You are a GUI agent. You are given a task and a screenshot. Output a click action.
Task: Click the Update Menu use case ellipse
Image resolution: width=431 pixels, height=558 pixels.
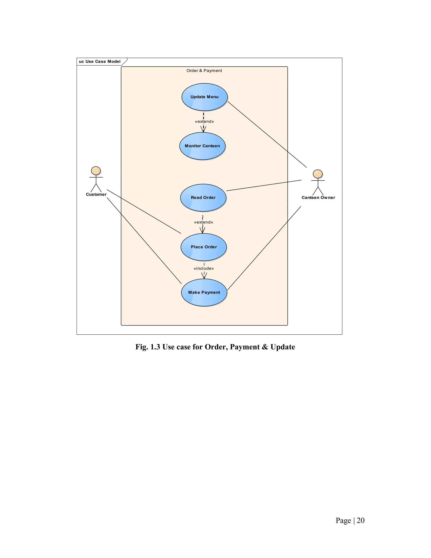[204, 97]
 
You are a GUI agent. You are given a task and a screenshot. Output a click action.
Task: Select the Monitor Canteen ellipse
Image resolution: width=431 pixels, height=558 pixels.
[202, 146]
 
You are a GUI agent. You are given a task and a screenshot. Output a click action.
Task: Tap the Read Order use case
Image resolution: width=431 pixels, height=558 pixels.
[203, 198]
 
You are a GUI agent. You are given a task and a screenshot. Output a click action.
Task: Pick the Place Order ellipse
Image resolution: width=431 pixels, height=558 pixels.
[204, 247]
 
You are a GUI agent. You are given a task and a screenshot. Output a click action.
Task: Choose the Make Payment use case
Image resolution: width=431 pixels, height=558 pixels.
[204, 292]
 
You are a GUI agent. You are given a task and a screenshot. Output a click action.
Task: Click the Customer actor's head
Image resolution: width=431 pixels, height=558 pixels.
[96, 171]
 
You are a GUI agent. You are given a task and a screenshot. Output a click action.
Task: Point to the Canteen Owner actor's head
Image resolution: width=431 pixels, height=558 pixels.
[318, 174]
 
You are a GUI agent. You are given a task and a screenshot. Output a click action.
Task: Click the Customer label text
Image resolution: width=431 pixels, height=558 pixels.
[96, 194]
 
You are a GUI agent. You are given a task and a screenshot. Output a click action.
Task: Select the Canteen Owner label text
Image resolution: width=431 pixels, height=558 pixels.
[318, 198]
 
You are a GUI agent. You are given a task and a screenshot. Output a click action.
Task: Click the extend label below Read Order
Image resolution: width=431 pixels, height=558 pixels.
[204, 222]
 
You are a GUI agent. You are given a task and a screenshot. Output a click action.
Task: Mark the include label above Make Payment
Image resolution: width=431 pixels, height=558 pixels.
[204, 268]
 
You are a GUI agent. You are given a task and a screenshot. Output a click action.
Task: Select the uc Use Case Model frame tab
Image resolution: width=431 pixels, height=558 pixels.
[100, 61]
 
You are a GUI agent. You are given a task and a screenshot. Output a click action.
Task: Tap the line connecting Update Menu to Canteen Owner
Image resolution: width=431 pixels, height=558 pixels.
[267, 134]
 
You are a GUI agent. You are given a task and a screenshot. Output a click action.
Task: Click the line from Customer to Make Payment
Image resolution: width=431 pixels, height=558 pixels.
[144, 241]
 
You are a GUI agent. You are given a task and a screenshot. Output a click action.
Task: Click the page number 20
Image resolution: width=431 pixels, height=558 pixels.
[360, 521]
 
